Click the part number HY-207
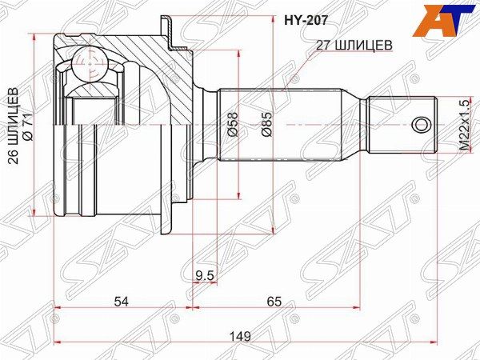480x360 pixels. click(306, 21)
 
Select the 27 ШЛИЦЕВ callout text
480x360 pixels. click(354, 46)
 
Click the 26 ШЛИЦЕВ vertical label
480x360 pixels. click(14, 126)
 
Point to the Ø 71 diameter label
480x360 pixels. click(28, 126)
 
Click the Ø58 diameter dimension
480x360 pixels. click(232, 124)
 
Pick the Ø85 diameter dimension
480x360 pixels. click(266, 124)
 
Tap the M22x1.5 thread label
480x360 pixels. click(464, 126)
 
